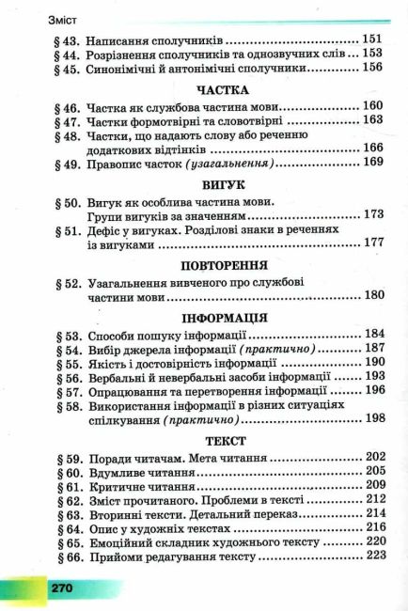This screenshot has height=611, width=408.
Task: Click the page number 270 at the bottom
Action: (x=62, y=587)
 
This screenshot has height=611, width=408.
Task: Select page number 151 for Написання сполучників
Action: (x=373, y=41)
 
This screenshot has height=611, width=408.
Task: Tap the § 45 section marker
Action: (x=64, y=68)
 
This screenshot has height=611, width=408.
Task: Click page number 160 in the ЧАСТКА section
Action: (x=373, y=107)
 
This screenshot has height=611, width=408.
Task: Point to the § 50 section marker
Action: (x=64, y=202)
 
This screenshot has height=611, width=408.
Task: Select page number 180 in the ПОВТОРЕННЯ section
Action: (x=373, y=297)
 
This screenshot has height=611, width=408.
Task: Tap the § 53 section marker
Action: (x=64, y=335)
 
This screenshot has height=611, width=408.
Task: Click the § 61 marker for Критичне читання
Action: (x=64, y=485)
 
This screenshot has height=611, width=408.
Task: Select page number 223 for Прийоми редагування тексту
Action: (x=373, y=556)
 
